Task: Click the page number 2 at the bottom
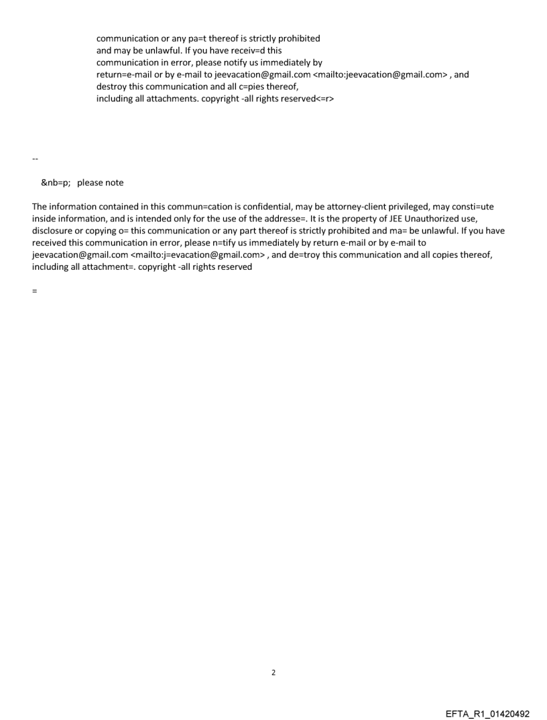273,672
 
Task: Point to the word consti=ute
472,207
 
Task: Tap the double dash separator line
35,159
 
